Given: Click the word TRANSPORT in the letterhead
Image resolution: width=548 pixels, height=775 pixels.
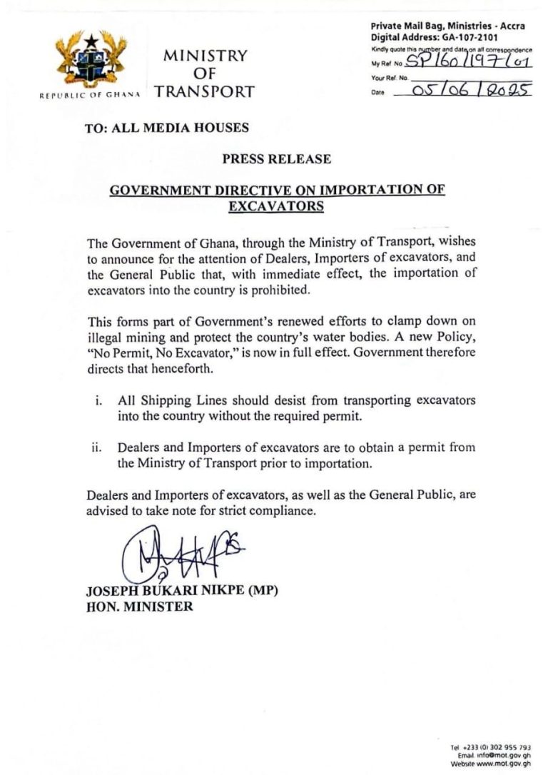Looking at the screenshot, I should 204,91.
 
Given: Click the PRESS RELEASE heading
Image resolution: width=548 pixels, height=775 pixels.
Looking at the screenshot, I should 276,159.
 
